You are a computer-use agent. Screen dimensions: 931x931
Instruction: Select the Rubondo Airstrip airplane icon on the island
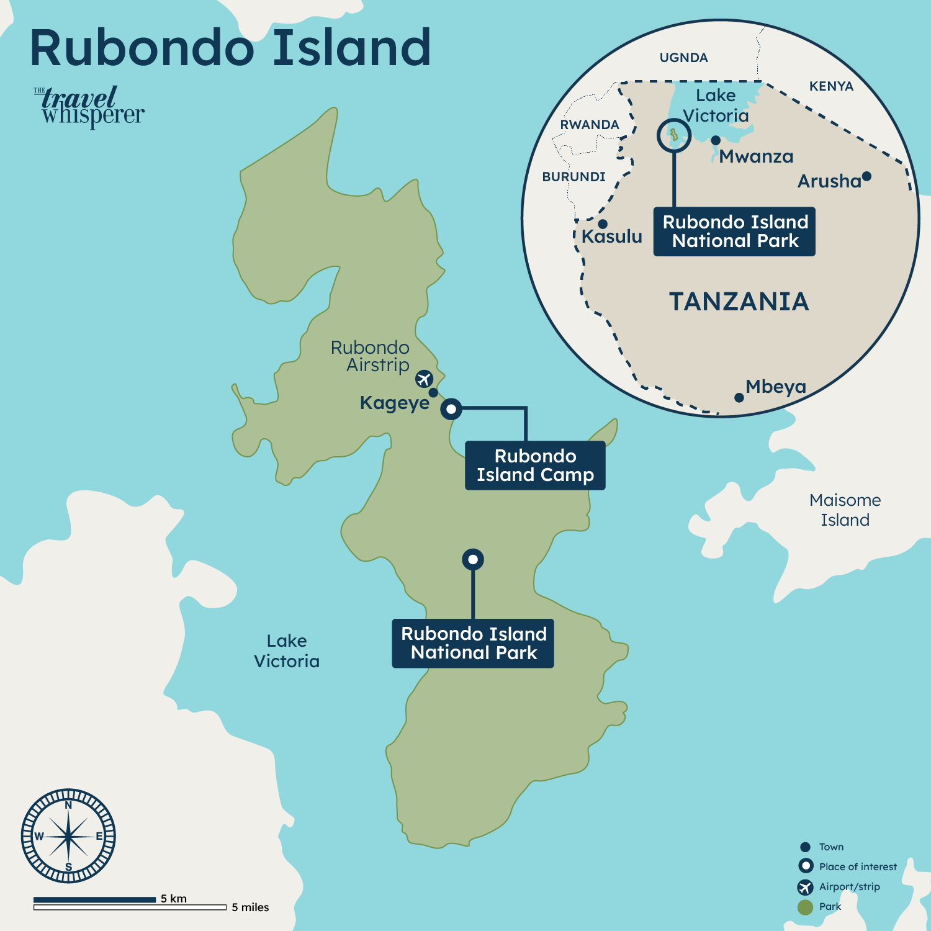(x=424, y=378)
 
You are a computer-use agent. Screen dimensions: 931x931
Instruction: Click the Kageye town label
(x=395, y=403)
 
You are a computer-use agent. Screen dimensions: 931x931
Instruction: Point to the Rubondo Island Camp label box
(x=535, y=465)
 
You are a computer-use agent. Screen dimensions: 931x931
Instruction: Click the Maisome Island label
(x=845, y=510)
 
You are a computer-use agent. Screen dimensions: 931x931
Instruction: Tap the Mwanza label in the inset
(x=756, y=156)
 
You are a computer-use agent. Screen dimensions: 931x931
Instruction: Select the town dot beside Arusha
(x=866, y=177)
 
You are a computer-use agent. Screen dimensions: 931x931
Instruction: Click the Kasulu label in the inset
(x=611, y=236)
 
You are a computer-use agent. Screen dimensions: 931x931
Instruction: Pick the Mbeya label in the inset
(x=776, y=387)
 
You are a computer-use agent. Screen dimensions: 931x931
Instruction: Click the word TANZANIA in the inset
(x=739, y=302)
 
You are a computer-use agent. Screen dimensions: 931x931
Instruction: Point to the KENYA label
(x=831, y=86)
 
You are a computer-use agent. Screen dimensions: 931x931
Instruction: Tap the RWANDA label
(x=590, y=125)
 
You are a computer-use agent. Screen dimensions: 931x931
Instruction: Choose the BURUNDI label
(x=573, y=177)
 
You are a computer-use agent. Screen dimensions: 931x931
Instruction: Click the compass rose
(x=68, y=836)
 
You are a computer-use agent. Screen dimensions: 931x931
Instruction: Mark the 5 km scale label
(x=174, y=898)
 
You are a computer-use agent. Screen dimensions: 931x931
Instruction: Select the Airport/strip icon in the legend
(x=805, y=887)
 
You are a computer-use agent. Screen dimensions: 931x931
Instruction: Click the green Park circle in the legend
(x=805, y=907)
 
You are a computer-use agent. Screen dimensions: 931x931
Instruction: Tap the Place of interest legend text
(x=858, y=867)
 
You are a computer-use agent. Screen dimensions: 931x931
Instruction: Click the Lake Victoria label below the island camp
(x=287, y=651)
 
